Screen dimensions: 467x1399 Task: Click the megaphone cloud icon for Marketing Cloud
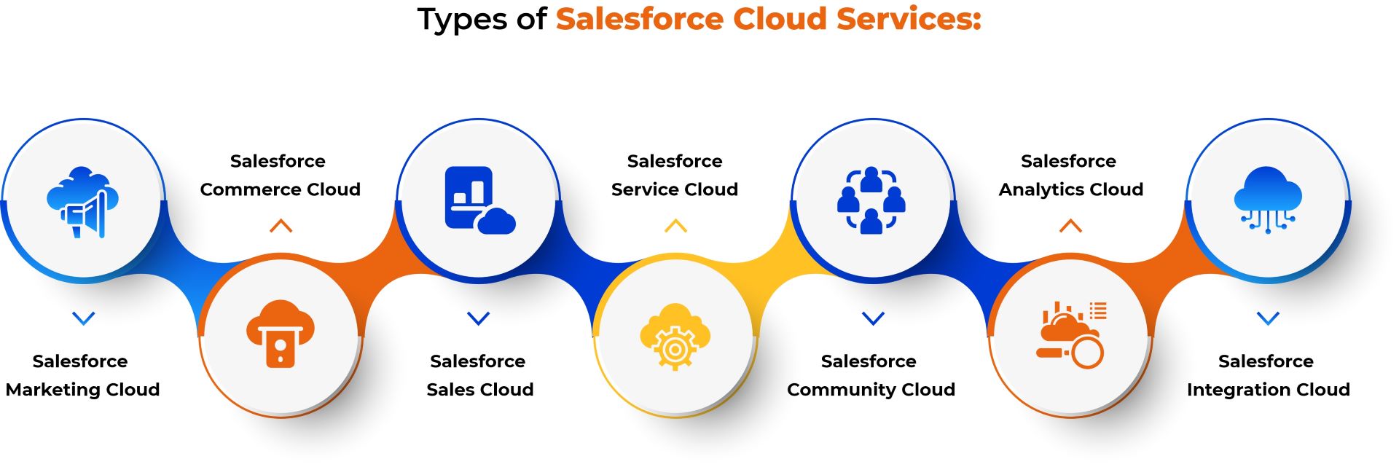(x=82, y=202)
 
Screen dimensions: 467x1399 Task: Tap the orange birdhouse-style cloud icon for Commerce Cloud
(x=281, y=334)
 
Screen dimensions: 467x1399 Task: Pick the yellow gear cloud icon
(x=675, y=336)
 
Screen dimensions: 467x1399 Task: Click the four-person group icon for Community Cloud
(x=871, y=200)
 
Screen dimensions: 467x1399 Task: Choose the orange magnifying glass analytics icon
(x=1071, y=334)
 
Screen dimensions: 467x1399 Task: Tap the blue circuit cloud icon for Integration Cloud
(x=1268, y=200)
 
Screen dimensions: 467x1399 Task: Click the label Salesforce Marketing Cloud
(x=82, y=375)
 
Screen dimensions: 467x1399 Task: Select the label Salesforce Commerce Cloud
(x=280, y=175)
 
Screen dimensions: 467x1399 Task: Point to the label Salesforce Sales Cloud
(x=479, y=375)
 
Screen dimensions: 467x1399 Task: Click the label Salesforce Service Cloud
(x=675, y=175)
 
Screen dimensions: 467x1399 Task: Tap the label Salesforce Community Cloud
(x=871, y=375)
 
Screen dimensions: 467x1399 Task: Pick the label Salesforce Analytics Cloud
(x=1070, y=175)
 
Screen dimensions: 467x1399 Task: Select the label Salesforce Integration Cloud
(x=1268, y=375)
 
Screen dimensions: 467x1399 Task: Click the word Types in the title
(x=463, y=20)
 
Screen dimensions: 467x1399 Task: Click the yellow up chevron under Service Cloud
(x=675, y=226)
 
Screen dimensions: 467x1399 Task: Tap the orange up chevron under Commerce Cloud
(x=281, y=226)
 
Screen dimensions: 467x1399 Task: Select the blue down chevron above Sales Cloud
(x=478, y=318)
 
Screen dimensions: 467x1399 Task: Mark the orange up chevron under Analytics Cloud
(x=1070, y=226)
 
